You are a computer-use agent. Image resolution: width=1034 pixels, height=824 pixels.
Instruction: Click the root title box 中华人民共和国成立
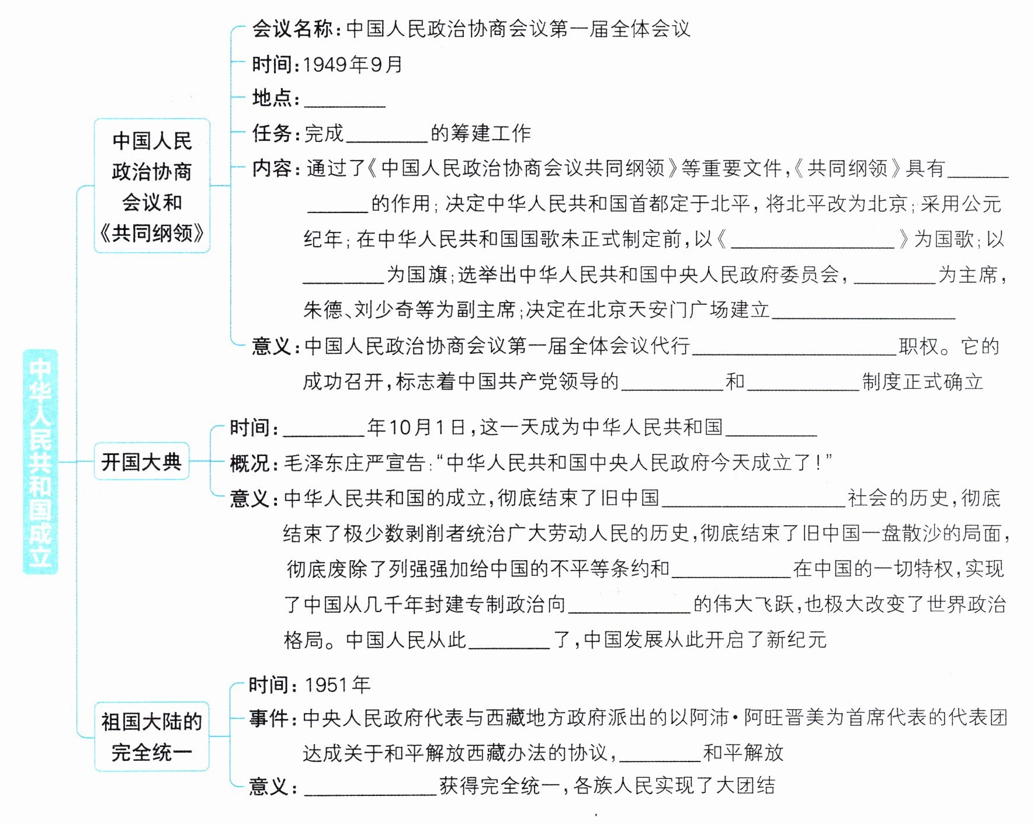[x=40, y=461]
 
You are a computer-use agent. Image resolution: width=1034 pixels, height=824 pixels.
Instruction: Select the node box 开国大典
[x=141, y=462]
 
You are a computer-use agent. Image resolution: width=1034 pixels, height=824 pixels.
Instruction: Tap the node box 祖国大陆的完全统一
[x=151, y=737]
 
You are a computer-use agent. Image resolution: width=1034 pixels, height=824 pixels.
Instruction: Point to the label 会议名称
[x=292, y=29]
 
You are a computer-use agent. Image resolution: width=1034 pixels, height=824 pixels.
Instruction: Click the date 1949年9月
[x=353, y=64]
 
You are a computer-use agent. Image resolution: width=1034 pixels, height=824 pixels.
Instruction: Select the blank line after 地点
[x=345, y=100]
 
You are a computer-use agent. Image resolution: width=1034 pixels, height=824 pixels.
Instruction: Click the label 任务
[x=272, y=134]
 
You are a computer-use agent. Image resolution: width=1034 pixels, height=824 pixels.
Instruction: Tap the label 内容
[x=272, y=169]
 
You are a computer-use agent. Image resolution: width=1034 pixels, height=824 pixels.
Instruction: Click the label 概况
[x=249, y=463]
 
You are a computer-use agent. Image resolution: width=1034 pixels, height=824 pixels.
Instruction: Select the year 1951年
[x=337, y=685]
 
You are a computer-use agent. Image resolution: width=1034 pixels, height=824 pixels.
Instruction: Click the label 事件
[x=269, y=718]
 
